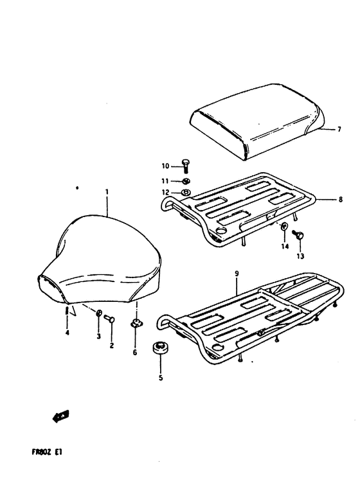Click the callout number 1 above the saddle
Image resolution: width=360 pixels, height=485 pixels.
107,192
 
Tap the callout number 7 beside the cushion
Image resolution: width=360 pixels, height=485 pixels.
339,129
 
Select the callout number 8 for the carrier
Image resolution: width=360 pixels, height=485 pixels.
341,200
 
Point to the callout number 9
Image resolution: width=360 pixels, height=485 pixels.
237,274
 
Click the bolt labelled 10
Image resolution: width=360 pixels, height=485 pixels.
186,166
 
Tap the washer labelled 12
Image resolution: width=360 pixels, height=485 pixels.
186,193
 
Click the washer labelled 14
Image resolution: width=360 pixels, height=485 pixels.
284,226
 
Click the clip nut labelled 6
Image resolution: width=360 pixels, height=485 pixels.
136,324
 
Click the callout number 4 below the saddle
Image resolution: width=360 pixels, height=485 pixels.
67,333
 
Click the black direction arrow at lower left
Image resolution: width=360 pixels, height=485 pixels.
61,416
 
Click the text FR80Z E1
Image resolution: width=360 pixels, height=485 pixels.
47,452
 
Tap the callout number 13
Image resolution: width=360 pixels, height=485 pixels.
300,256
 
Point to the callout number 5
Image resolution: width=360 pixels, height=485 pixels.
161,377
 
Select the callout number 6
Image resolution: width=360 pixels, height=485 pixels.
135,352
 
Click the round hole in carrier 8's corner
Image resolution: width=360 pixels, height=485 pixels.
222,231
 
